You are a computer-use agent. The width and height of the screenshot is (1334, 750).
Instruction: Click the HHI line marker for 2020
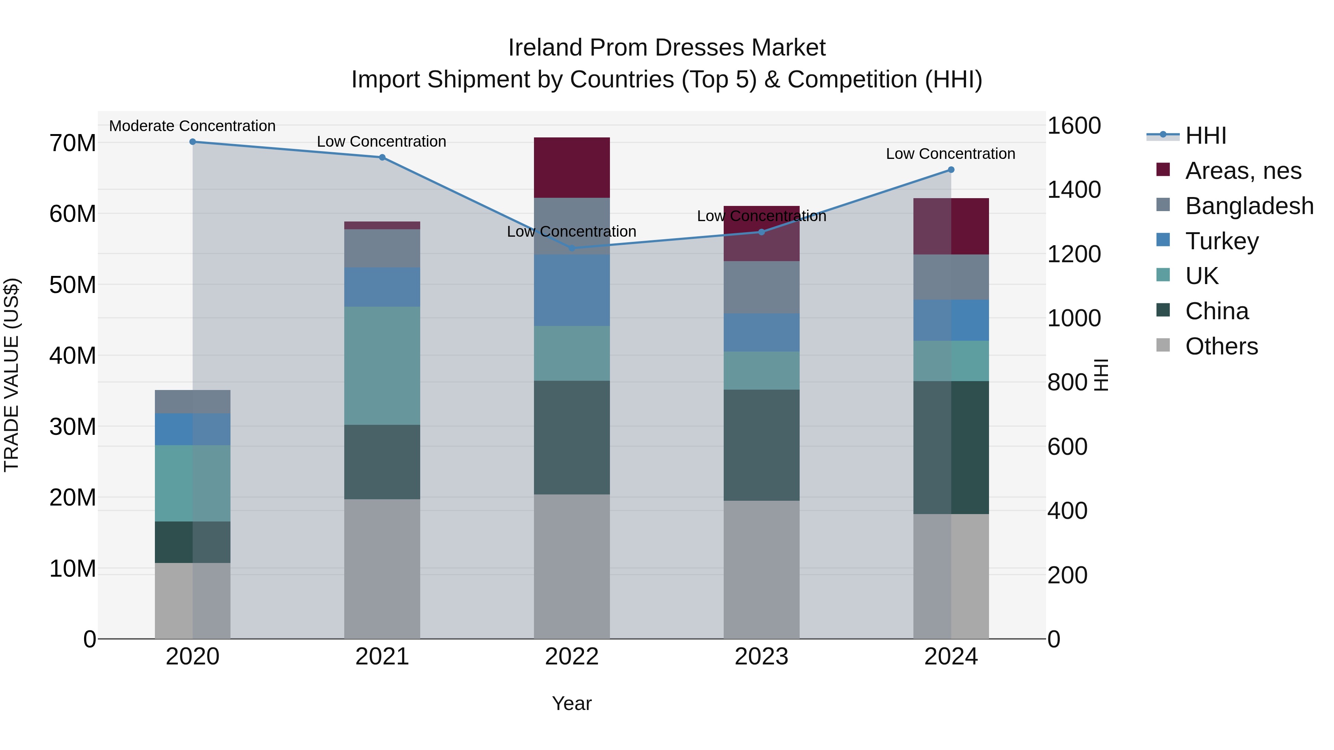click(193, 142)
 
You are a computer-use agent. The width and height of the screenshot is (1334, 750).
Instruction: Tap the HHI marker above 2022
click(572, 248)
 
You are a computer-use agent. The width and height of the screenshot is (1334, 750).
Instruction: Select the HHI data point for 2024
click(951, 170)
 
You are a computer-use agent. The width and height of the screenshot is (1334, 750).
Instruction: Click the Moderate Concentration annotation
click(192, 126)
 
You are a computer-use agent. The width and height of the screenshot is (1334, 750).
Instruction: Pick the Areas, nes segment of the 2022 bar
click(572, 168)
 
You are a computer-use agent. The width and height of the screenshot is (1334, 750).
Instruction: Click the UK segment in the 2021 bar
click(382, 366)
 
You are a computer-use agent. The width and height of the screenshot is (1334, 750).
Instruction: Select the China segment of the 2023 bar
click(761, 445)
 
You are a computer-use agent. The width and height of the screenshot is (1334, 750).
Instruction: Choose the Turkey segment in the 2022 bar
click(572, 290)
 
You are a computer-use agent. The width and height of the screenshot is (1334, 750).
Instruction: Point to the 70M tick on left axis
click(73, 143)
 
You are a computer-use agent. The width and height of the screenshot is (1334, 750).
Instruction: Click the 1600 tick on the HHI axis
click(1074, 126)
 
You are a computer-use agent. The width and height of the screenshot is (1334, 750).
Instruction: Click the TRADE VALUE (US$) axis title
click(11, 375)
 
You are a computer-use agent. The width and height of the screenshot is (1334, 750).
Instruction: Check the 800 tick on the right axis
click(1067, 383)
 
